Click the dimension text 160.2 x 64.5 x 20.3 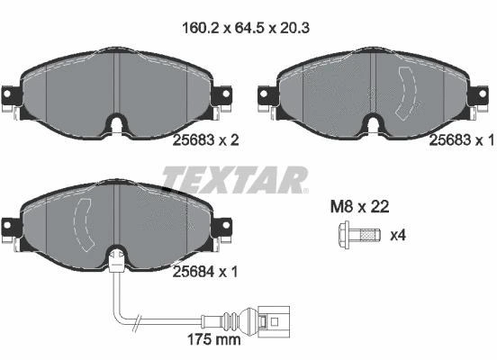[246, 28]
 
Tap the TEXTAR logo [235, 180]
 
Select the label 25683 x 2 [205, 139]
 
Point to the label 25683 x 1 [462, 139]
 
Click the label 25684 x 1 [205, 272]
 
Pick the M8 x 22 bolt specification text [359, 207]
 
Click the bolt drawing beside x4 [359, 235]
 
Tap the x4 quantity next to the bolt [398, 235]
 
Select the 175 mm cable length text [214, 339]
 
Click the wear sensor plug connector [274, 321]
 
